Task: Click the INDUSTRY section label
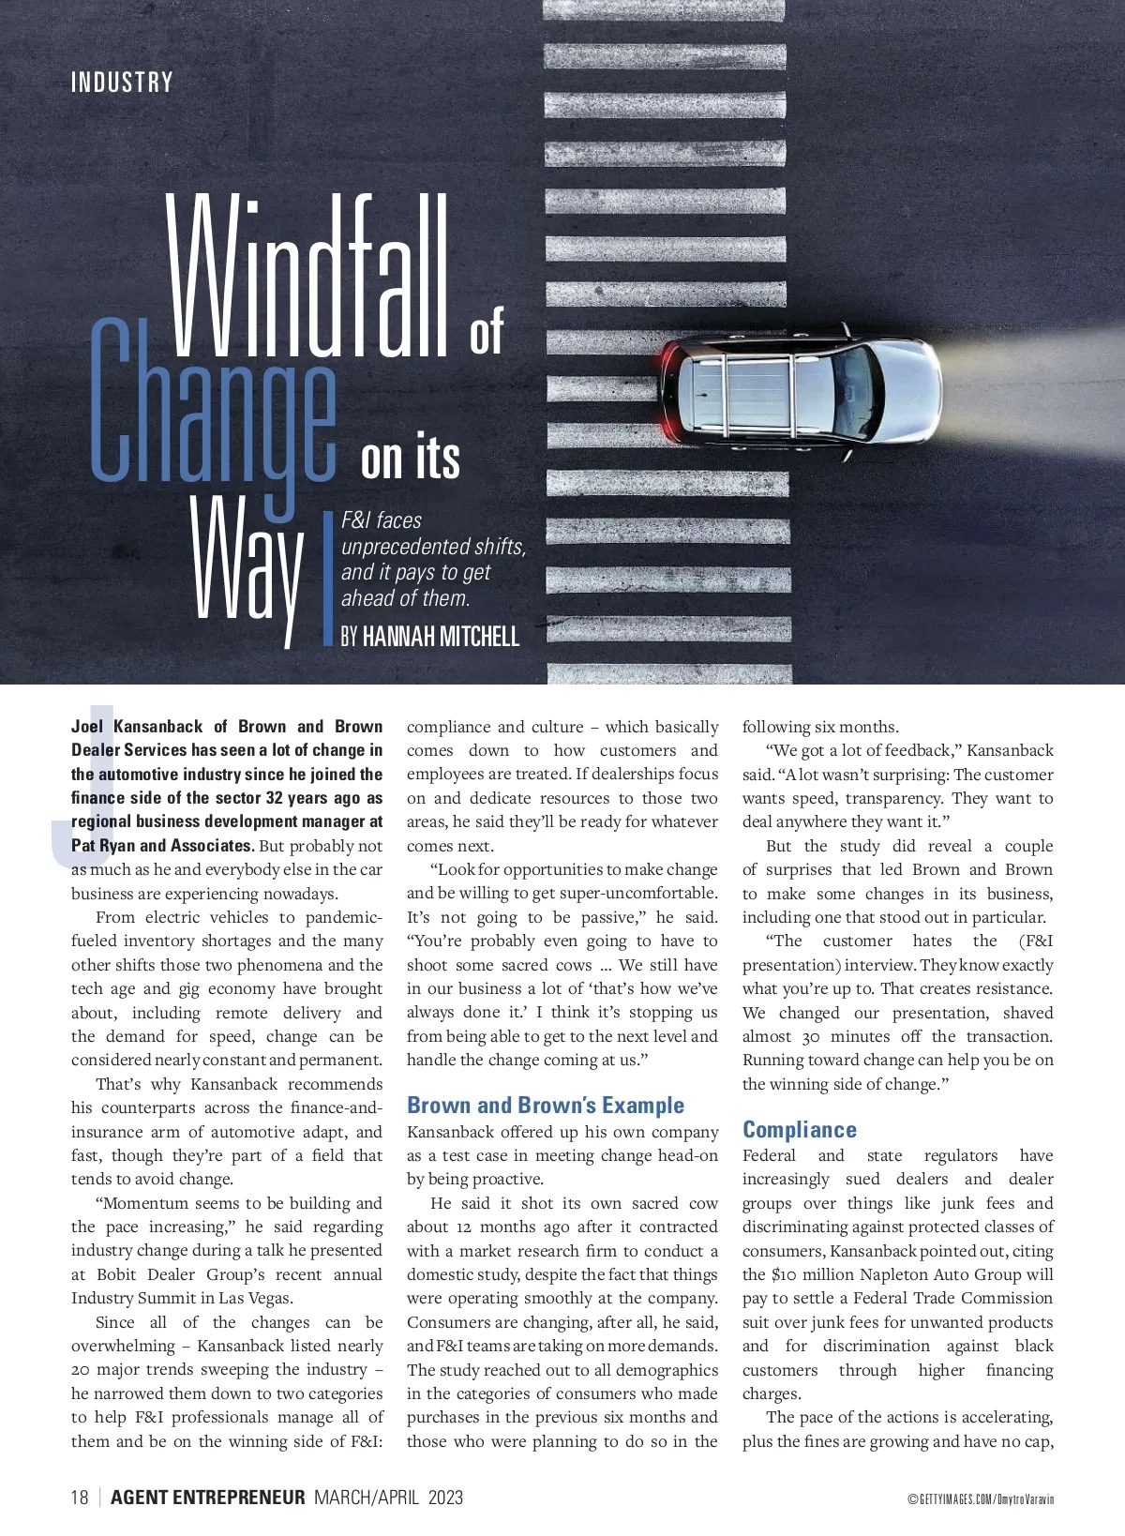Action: click(122, 83)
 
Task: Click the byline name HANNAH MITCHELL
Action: click(441, 637)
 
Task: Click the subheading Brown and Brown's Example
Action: click(545, 1106)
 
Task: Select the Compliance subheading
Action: click(799, 1129)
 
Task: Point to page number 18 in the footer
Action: click(80, 1497)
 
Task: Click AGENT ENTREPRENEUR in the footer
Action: click(208, 1497)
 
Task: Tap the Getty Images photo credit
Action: click(980, 1499)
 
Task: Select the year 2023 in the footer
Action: click(445, 1497)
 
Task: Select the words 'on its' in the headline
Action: click(411, 459)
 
